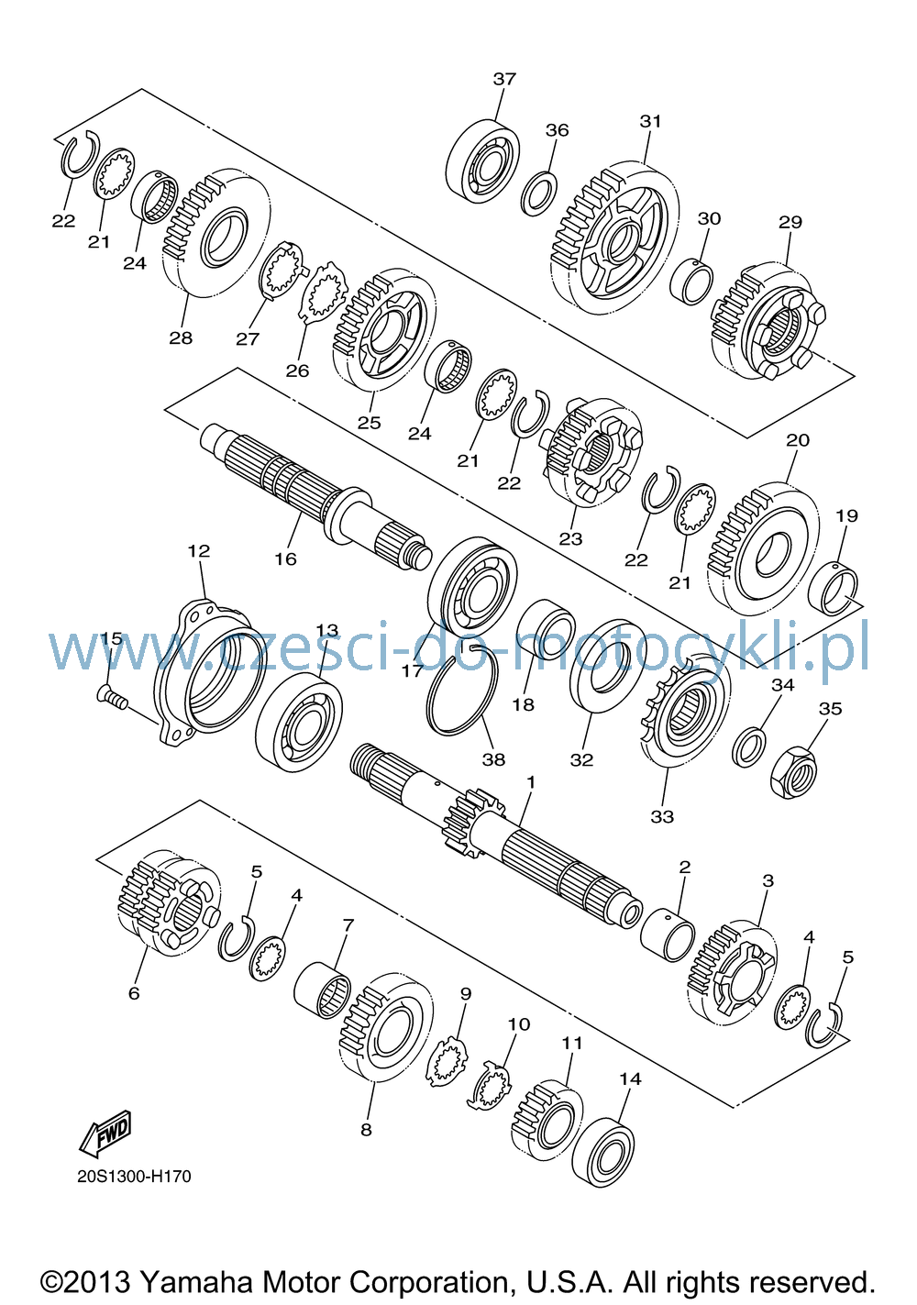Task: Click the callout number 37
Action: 504,79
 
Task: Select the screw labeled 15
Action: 111,696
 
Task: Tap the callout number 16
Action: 285,559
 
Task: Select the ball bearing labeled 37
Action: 483,161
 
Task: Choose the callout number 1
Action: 530,781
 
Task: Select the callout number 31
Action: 651,121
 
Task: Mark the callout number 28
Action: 181,337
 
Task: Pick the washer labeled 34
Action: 748,747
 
